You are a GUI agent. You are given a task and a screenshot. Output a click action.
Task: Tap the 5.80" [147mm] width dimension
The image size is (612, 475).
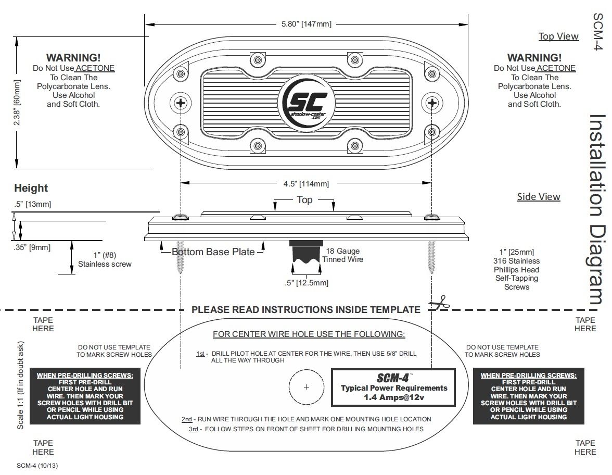click(x=306, y=24)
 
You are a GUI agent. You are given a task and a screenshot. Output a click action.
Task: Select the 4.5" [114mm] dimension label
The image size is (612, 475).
click(x=306, y=183)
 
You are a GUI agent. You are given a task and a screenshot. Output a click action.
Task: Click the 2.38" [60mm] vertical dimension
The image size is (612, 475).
click(x=18, y=104)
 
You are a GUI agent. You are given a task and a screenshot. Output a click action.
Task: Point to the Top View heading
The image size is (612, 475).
click(x=558, y=36)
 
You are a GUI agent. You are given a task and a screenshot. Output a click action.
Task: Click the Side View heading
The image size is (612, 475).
click(x=539, y=197)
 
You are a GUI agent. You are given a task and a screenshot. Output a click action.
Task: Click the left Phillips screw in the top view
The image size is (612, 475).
click(x=181, y=102)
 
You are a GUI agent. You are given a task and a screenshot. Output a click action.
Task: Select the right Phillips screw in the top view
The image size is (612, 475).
click(x=431, y=102)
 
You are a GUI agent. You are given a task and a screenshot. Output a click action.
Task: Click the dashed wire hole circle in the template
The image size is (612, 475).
click(x=306, y=387)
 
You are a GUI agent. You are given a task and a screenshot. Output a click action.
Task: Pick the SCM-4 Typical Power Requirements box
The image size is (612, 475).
click(x=393, y=387)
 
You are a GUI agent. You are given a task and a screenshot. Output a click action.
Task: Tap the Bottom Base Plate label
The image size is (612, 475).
click(x=213, y=252)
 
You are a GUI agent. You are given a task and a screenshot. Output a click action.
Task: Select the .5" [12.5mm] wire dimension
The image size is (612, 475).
click(x=307, y=283)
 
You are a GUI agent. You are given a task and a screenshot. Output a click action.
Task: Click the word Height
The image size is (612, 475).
click(x=31, y=188)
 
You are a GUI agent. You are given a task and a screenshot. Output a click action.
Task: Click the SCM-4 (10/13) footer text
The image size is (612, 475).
click(x=37, y=466)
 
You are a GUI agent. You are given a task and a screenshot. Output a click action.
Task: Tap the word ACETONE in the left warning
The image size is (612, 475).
click(x=95, y=68)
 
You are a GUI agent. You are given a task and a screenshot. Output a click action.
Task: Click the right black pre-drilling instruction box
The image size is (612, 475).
click(x=528, y=396)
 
